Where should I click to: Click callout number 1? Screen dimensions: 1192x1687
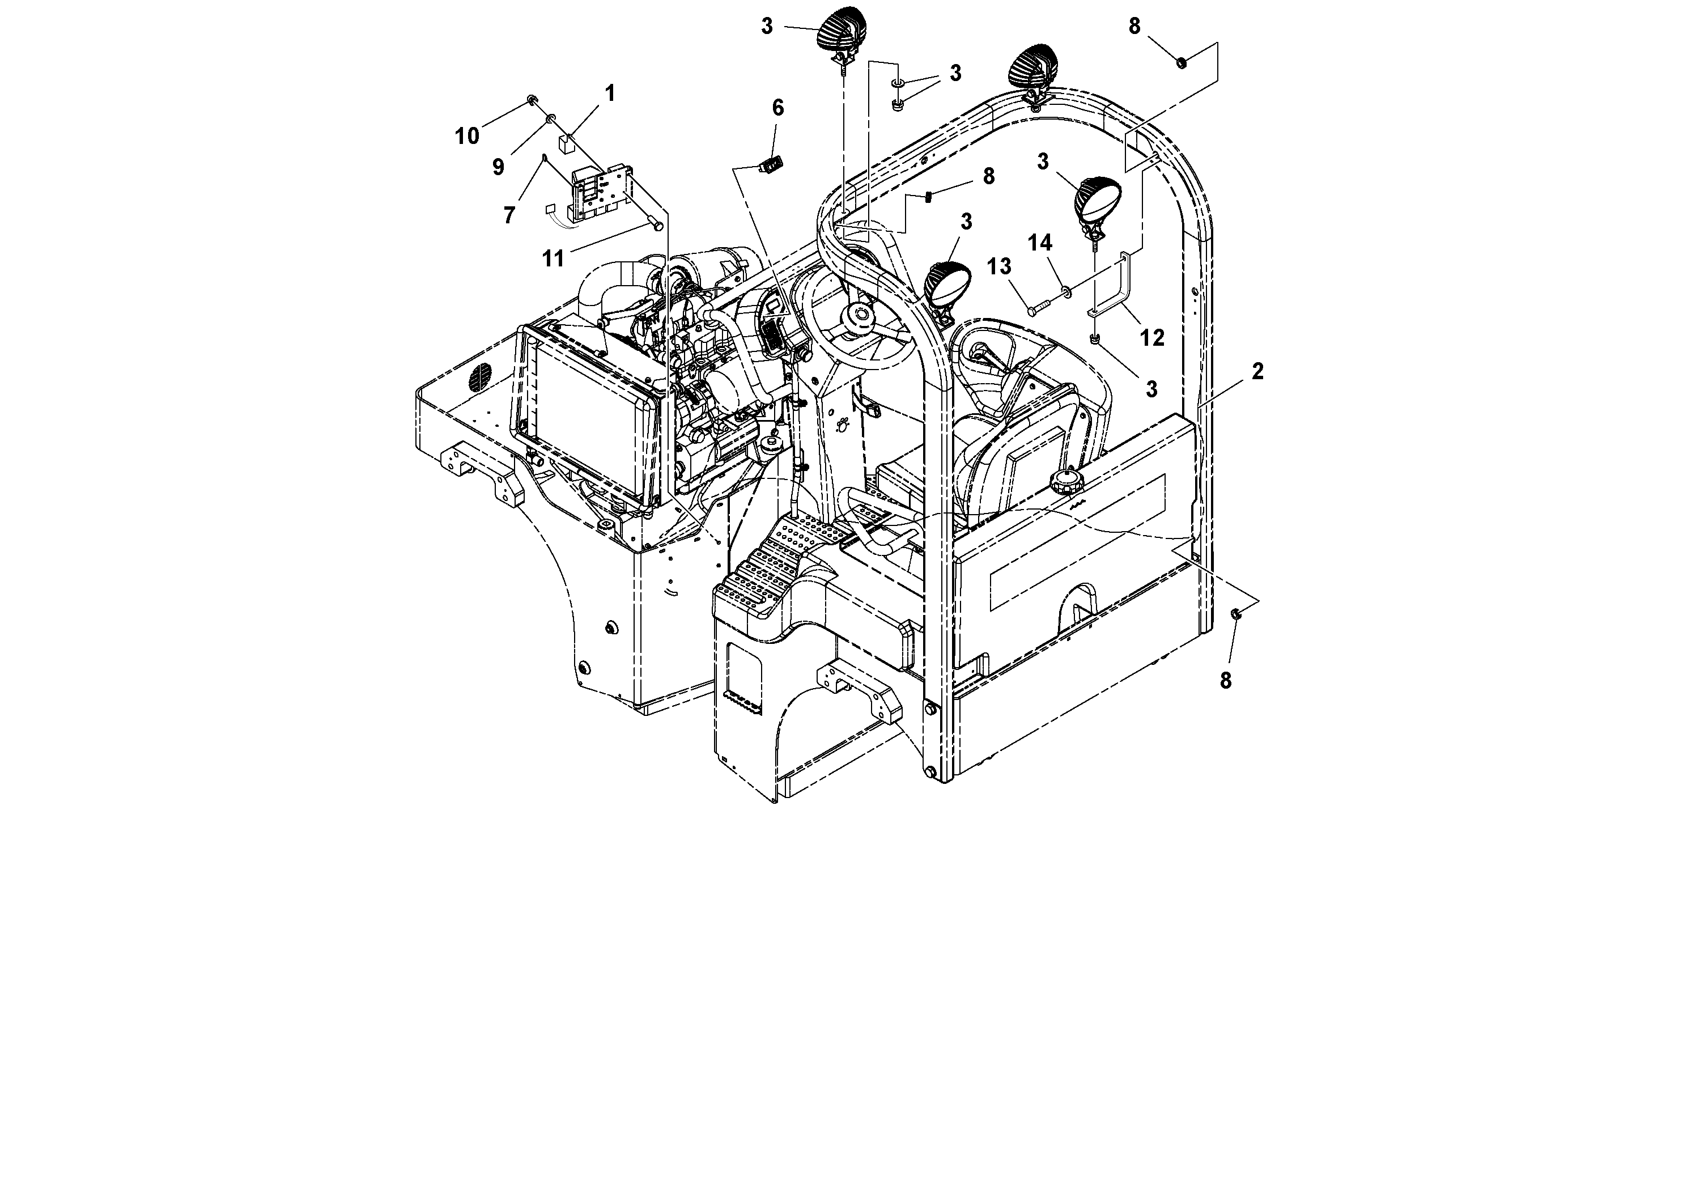(609, 94)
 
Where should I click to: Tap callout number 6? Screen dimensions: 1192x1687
(777, 108)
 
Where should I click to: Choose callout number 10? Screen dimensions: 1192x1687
(466, 136)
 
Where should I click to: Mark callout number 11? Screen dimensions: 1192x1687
(553, 258)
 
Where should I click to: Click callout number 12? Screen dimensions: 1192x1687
(1151, 338)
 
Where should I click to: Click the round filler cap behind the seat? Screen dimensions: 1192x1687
(1061, 483)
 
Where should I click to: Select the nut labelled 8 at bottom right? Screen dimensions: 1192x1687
(1236, 614)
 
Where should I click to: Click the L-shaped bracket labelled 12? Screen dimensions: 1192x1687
(1118, 283)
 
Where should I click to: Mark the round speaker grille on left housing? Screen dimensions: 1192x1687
(478, 379)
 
